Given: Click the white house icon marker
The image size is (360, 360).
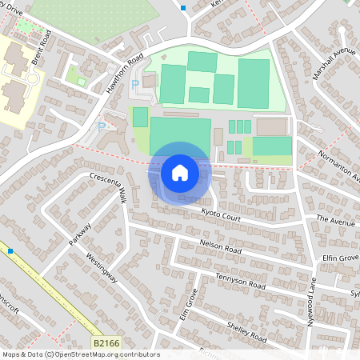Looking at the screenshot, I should pyautogui.click(x=180, y=172).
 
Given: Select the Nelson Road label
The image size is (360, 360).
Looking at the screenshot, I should pyautogui.click(x=221, y=248).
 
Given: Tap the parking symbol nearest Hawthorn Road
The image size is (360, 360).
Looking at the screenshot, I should pyautogui.click(x=134, y=83).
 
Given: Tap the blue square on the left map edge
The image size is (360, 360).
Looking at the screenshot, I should pyautogui.click(x=10, y=251).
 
